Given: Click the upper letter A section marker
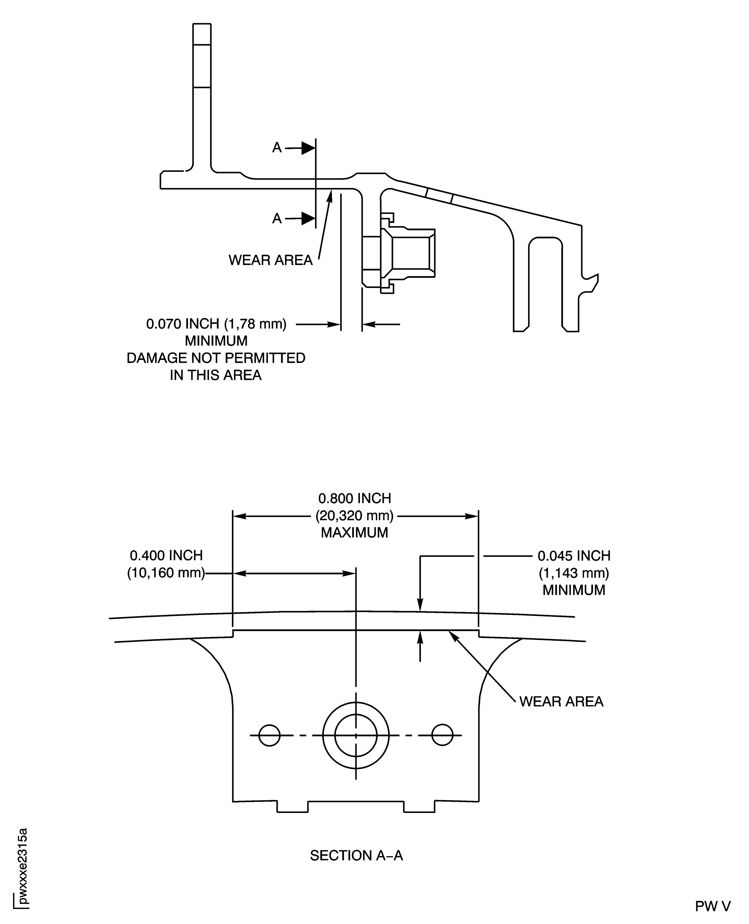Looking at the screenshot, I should pyautogui.click(x=277, y=148).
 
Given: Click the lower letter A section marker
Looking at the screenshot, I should pyautogui.click(x=277, y=219).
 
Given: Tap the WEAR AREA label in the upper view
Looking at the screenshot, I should pyautogui.click(x=270, y=260).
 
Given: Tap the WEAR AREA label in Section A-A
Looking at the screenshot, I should pyautogui.click(x=561, y=702).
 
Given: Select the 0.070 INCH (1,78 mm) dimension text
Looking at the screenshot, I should pyautogui.click(x=216, y=324).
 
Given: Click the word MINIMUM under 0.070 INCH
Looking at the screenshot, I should pyautogui.click(x=216, y=341).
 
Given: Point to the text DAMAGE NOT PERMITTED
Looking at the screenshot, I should pyautogui.click(x=216, y=358).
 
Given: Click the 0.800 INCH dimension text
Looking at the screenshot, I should pyautogui.click(x=355, y=499).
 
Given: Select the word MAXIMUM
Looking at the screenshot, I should pyautogui.click(x=355, y=533).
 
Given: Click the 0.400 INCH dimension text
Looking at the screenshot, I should pyautogui.click(x=166, y=556).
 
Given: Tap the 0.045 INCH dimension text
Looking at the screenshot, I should pyautogui.click(x=574, y=556).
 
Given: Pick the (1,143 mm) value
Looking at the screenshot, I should pyautogui.click(x=574, y=573).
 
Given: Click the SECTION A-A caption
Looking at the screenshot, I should pyautogui.click(x=356, y=856).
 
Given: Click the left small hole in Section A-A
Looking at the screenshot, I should pyautogui.click(x=269, y=735).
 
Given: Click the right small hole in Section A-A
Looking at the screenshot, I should pyautogui.click(x=442, y=735).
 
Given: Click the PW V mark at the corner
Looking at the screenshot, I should pyautogui.click(x=713, y=906).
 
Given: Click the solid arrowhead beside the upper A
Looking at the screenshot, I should pyautogui.click(x=308, y=148).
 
